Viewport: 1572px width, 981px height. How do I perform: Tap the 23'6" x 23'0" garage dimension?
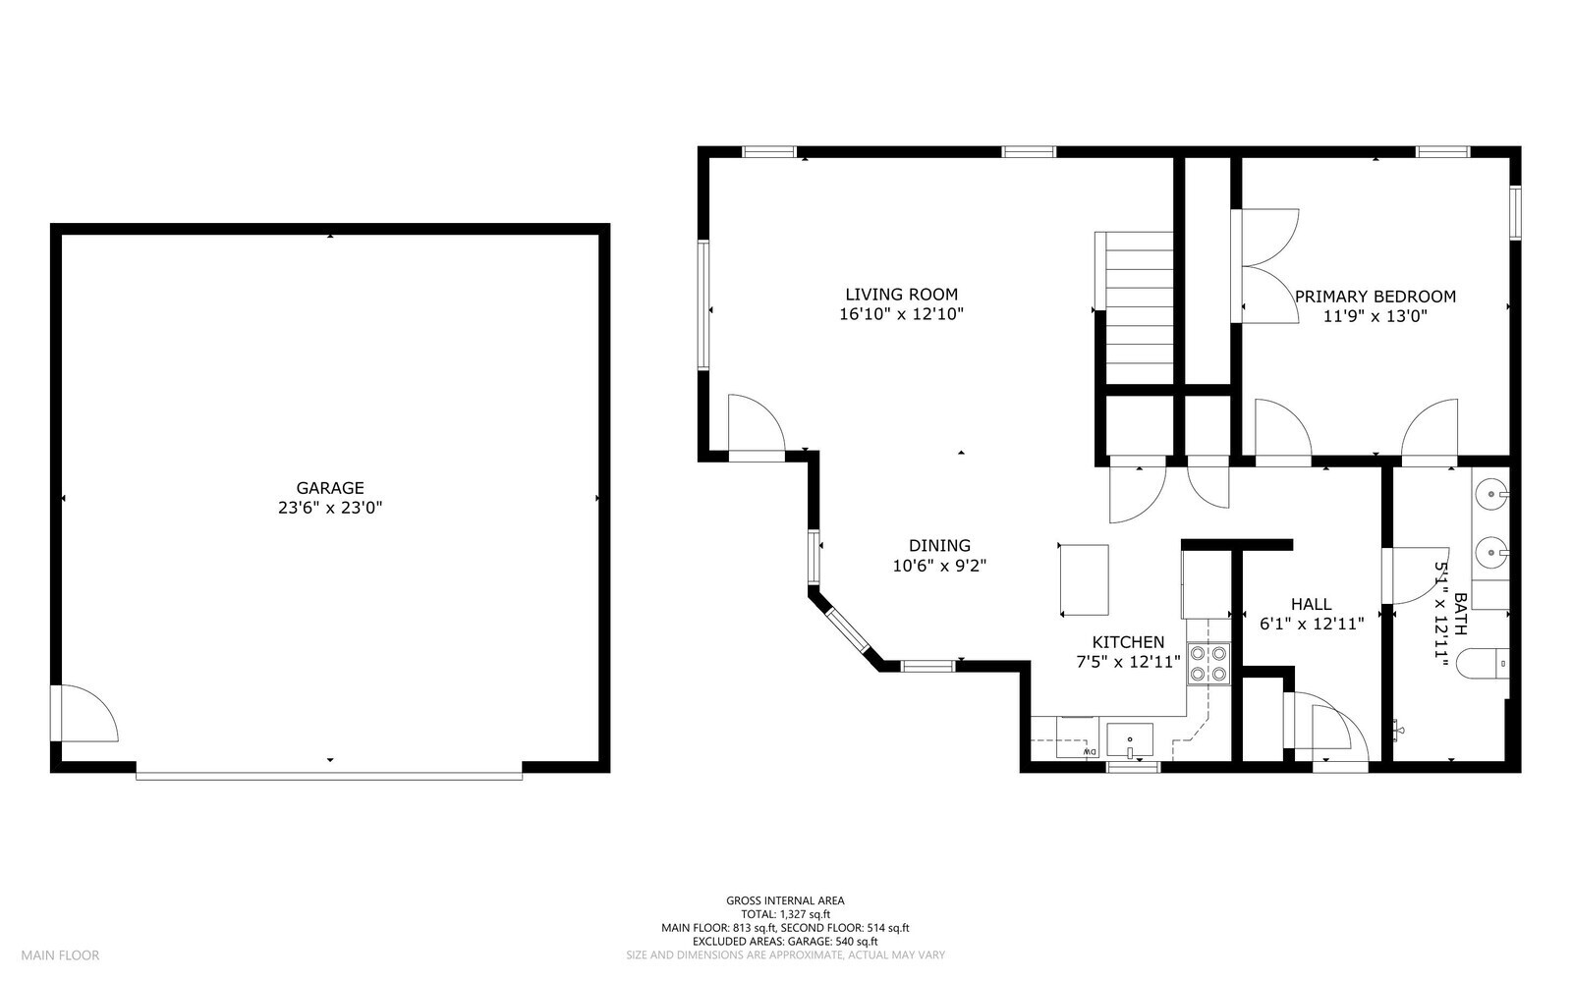330,508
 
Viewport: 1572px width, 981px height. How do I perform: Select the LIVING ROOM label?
901,294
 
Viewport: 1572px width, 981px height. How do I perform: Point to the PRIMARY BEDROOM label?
1375,297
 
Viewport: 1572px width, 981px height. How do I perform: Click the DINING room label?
939,546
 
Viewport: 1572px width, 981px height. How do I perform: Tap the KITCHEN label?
1128,642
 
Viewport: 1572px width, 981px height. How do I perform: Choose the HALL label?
1311,604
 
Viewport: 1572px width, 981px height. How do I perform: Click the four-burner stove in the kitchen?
1208,663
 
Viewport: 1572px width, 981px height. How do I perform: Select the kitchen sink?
1130,739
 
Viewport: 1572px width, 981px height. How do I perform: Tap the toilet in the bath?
1483,665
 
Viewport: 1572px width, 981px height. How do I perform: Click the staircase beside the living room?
1139,308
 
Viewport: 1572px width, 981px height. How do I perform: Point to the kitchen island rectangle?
1084,579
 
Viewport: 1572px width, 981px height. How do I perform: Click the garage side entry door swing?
86,714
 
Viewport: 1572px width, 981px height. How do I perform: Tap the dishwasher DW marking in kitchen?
1089,752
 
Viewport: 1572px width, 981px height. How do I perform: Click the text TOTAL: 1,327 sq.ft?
785,914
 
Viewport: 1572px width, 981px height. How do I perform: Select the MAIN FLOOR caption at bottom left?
60,954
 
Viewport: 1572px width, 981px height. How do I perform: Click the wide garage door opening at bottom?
329,775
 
